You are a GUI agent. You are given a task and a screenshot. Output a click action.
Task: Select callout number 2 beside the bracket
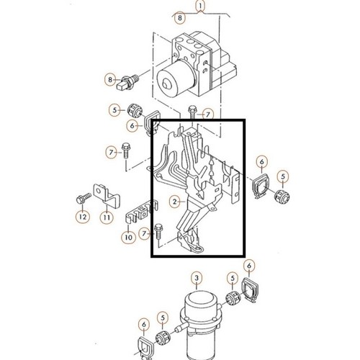[x=175, y=202]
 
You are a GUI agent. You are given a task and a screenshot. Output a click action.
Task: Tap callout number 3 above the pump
[x=197, y=278]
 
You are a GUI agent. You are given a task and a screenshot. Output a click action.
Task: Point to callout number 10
[x=128, y=238]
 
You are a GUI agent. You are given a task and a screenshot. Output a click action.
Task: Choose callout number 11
[x=107, y=217]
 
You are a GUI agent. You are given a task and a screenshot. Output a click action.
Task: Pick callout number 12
[x=83, y=217]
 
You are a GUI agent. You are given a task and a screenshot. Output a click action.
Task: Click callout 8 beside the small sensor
[x=110, y=79]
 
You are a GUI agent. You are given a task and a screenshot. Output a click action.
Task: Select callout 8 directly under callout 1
[x=180, y=18]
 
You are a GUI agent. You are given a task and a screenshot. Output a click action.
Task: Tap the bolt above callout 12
[x=84, y=199]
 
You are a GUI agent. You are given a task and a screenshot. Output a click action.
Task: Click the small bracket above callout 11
[x=106, y=196]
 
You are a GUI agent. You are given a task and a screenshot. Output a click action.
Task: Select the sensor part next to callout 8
[x=127, y=83]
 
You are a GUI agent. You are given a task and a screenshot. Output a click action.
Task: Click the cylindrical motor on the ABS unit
[x=176, y=77]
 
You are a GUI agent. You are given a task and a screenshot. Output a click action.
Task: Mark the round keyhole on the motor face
[x=166, y=84]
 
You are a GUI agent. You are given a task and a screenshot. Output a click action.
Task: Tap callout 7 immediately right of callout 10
[x=144, y=233]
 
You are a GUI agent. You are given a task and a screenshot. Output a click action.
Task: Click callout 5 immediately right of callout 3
[x=233, y=279]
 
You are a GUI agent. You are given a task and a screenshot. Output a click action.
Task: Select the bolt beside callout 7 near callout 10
[x=158, y=231]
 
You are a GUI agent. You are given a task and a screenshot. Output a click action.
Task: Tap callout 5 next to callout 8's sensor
[x=114, y=110]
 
